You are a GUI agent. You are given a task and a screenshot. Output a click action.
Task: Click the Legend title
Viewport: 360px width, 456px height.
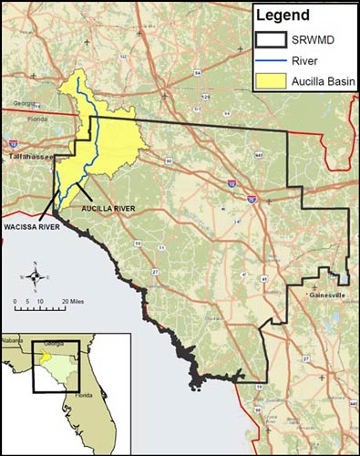pos(283,16)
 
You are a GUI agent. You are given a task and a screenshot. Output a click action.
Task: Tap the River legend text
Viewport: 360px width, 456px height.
pos(305,62)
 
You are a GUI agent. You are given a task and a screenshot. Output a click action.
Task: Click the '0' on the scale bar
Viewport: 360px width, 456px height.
pos(15,300)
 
